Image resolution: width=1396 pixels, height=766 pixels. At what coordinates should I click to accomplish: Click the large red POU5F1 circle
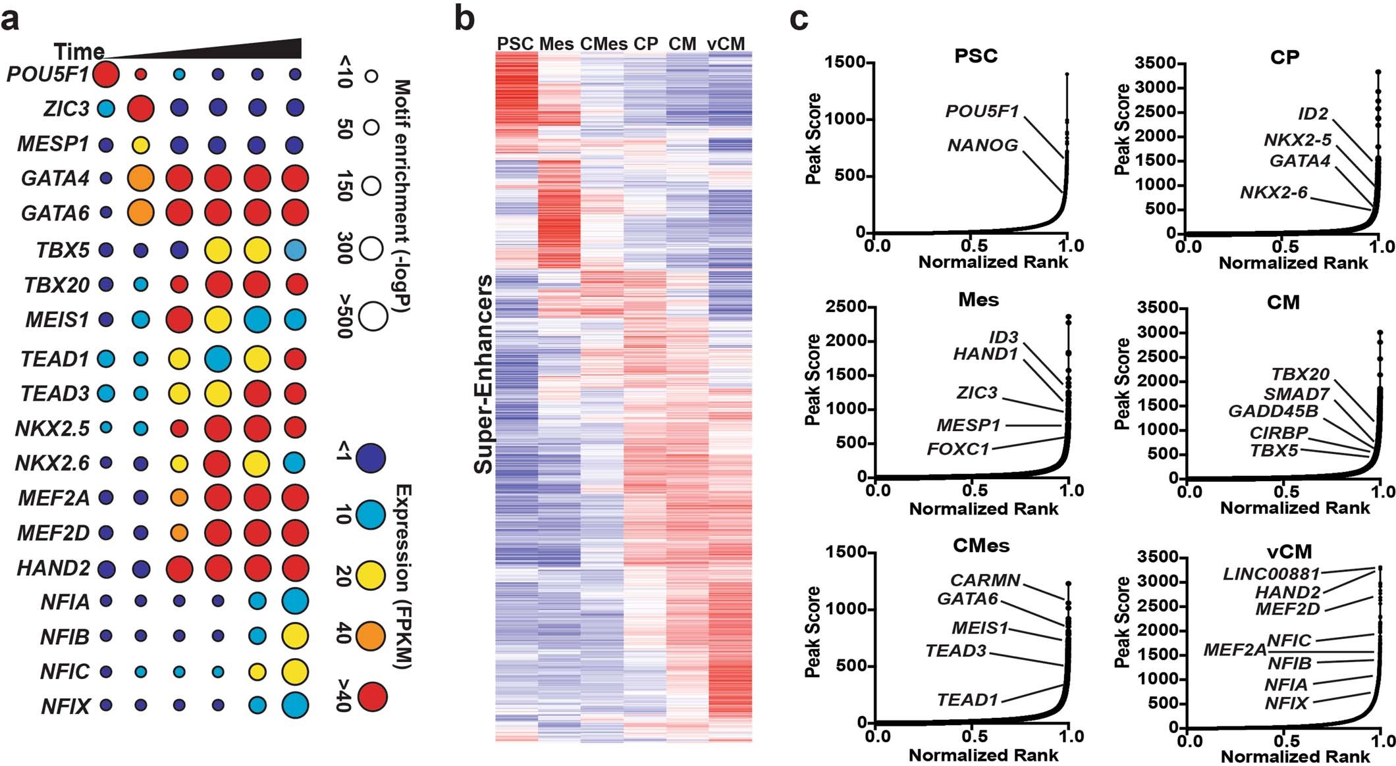(106, 74)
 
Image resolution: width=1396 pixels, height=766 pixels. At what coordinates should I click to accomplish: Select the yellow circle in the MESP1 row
(140, 145)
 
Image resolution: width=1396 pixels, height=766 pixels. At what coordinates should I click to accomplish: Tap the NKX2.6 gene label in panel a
(52, 463)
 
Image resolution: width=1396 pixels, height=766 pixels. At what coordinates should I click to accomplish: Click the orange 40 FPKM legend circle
(370, 636)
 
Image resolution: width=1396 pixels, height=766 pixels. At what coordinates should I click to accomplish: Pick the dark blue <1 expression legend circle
(370, 459)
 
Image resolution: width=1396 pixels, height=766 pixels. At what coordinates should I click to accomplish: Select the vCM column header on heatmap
(726, 44)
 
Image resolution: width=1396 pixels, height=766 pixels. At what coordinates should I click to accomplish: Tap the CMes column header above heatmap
(603, 44)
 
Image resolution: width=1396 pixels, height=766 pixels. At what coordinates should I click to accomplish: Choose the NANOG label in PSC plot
(982, 145)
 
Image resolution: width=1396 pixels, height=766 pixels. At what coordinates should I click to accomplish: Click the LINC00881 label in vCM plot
(1271, 574)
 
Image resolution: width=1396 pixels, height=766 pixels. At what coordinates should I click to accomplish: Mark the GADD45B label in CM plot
(1274, 411)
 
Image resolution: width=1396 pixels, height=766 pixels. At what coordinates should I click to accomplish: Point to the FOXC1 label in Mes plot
(958, 449)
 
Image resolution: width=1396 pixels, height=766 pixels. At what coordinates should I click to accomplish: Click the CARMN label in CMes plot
(985, 580)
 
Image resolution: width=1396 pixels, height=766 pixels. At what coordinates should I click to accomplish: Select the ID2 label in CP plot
(1313, 114)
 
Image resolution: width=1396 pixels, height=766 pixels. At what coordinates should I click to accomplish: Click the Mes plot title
(979, 300)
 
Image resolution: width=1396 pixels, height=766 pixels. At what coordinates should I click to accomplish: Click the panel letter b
(464, 18)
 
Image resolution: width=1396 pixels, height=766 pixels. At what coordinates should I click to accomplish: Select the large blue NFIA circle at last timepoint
(295, 601)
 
